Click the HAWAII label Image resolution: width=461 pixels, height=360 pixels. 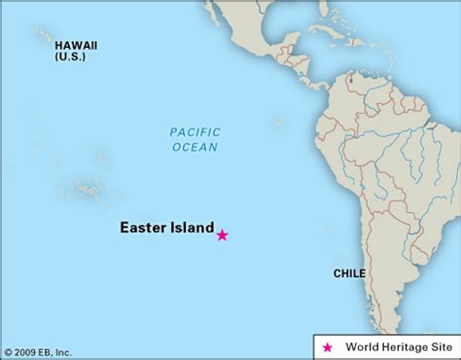[x=76, y=45]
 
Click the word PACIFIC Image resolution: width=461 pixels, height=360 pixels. [x=195, y=132]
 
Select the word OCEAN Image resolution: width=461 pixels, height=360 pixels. [x=195, y=147]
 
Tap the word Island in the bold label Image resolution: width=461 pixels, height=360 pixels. [x=191, y=230]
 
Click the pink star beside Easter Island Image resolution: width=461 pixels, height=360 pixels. [x=222, y=234]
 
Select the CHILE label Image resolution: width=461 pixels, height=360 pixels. [x=349, y=273]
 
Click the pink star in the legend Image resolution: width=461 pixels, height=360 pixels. [x=326, y=347]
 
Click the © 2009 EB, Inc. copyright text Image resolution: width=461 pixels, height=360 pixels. [x=38, y=351]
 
